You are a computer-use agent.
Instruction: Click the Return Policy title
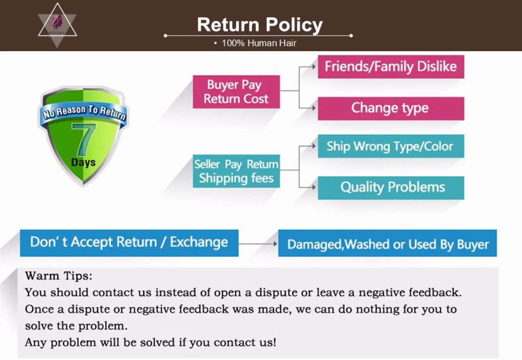click(260, 25)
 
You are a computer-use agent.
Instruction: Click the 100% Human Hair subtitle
click(259, 43)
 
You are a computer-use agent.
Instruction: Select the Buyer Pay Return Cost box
click(236, 92)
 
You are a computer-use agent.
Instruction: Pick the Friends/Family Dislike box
click(391, 66)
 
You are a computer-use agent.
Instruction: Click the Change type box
click(391, 108)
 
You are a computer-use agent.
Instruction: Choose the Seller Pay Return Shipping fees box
click(236, 171)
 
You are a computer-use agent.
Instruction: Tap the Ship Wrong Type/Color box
click(391, 146)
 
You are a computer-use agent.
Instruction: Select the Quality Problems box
click(391, 188)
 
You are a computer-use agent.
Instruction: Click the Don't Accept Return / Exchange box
click(129, 243)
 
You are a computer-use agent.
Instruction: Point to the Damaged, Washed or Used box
click(387, 243)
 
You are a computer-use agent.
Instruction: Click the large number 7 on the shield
click(84, 140)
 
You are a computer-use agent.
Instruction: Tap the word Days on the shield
click(83, 162)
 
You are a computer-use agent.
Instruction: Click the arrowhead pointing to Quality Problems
click(314, 187)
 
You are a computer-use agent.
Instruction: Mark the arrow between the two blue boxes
click(258, 244)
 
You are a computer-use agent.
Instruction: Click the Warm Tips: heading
click(58, 276)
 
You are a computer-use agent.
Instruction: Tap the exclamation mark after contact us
click(274, 342)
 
